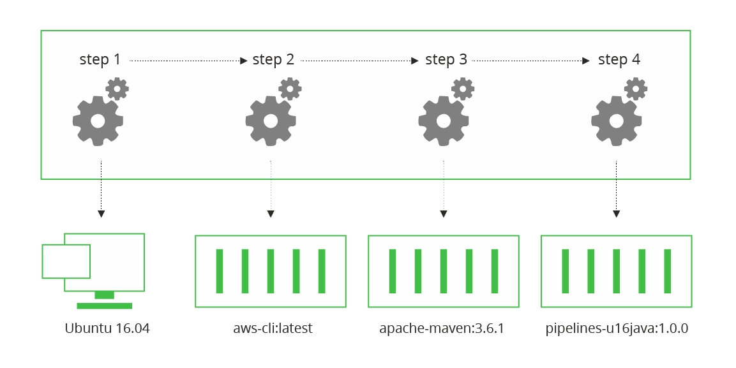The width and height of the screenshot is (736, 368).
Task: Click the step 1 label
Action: (100, 60)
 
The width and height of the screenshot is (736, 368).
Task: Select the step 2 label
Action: (273, 60)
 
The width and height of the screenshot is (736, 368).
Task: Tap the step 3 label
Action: (446, 60)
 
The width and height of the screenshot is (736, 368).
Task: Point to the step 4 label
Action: (619, 60)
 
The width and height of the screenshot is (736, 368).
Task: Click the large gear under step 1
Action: (98, 121)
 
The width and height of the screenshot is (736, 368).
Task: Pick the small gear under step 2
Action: (290, 89)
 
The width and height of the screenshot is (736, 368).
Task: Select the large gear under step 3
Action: (443, 121)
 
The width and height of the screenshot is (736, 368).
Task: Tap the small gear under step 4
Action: (636, 89)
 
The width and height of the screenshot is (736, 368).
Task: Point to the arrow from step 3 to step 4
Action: (530, 61)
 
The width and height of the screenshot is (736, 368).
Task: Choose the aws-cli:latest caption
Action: (273, 329)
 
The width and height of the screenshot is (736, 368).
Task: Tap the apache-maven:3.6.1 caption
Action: (442, 329)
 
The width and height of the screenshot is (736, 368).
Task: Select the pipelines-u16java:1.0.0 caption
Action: (617, 329)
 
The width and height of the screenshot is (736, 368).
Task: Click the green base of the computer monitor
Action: (104, 305)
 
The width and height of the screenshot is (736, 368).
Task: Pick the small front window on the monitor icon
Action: (66, 261)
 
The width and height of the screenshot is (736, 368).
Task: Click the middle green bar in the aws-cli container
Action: (271, 271)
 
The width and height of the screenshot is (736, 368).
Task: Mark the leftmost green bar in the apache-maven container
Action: (393, 271)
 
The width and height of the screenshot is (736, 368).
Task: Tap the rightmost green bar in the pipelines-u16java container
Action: (668, 271)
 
